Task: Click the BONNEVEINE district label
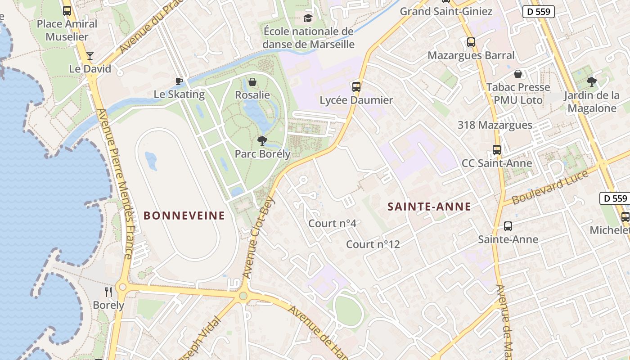click(184, 216)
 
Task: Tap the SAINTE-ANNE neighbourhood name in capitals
click(429, 207)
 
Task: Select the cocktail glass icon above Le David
click(90, 55)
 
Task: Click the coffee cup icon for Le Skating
click(179, 81)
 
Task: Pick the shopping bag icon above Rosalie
click(252, 82)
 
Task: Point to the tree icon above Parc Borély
click(262, 141)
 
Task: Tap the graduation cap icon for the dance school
click(308, 18)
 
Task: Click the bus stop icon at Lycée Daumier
click(356, 87)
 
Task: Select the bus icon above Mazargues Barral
click(471, 42)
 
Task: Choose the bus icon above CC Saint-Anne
click(497, 150)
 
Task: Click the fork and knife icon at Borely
click(108, 292)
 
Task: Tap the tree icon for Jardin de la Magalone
click(591, 82)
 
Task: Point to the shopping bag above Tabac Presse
click(518, 74)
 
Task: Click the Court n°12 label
click(373, 244)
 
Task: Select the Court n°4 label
click(333, 223)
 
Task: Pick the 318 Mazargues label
click(495, 125)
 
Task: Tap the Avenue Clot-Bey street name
click(258, 237)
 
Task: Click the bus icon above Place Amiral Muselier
click(67, 11)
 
